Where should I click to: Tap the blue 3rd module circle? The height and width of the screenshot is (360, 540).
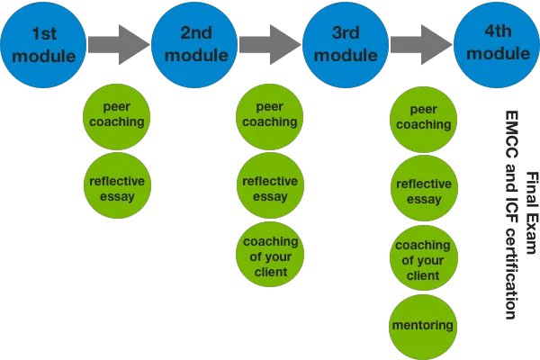click(346, 41)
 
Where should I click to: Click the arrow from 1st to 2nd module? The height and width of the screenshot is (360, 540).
click(119, 41)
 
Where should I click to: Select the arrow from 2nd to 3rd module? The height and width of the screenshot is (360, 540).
click(270, 41)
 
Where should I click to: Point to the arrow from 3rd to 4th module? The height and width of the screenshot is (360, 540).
click(421, 41)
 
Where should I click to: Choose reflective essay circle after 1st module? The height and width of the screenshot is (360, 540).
click(116, 187)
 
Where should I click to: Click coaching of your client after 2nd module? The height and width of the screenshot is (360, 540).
click(267, 256)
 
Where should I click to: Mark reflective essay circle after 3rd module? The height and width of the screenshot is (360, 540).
click(421, 192)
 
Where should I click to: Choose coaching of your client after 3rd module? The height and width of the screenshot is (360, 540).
click(421, 259)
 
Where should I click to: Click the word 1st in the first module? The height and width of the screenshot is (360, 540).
click(46, 33)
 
